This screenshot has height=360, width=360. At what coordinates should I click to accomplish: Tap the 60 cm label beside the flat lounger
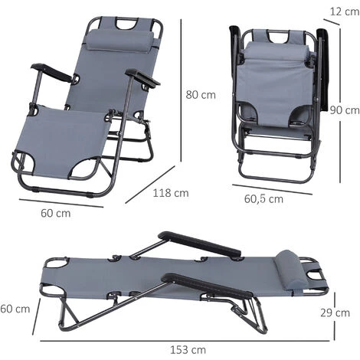(x=15, y=309)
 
